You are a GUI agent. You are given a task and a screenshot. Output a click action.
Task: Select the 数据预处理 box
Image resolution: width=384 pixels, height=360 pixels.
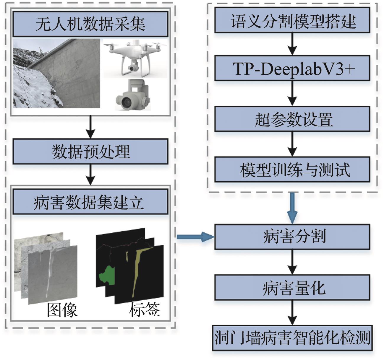click(x=90, y=152)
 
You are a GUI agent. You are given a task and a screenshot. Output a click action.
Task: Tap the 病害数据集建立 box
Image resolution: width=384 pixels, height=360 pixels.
click(x=90, y=202)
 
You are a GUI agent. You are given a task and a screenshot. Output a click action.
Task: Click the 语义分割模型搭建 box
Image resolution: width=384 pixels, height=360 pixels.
click(x=292, y=20)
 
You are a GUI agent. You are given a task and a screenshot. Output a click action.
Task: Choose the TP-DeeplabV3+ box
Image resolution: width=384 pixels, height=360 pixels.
click(x=292, y=69)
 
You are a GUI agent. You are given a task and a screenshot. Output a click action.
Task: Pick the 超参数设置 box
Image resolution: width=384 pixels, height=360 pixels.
click(x=292, y=119)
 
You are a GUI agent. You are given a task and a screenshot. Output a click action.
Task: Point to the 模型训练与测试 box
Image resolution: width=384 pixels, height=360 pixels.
click(x=292, y=169)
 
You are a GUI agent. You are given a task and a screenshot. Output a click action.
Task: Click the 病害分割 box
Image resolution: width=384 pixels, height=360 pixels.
click(x=292, y=237)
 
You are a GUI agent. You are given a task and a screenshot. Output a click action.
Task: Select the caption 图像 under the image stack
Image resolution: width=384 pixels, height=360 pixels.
click(x=62, y=310)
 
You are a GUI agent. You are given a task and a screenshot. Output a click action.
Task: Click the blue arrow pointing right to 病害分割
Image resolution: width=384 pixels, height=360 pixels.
click(x=195, y=237)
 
